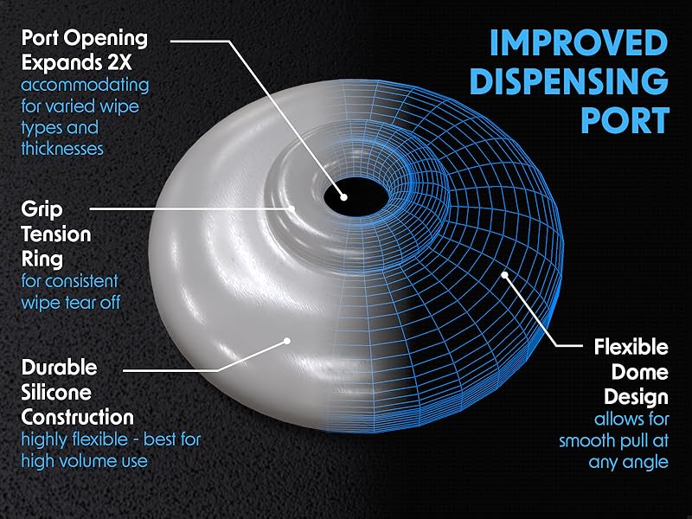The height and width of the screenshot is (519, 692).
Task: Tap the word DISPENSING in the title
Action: click(x=573, y=81)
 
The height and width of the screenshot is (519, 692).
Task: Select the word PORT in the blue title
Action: click(x=625, y=119)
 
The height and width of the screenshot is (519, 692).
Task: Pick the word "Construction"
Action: click(x=78, y=416)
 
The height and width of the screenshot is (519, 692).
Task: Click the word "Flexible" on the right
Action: click(x=631, y=348)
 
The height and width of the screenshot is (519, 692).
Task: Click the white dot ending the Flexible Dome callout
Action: click(x=504, y=276)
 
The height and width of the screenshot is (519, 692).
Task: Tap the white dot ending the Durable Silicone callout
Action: click(x=286, y=341)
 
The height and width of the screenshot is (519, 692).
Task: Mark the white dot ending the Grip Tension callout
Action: click(x=293, y=208)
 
